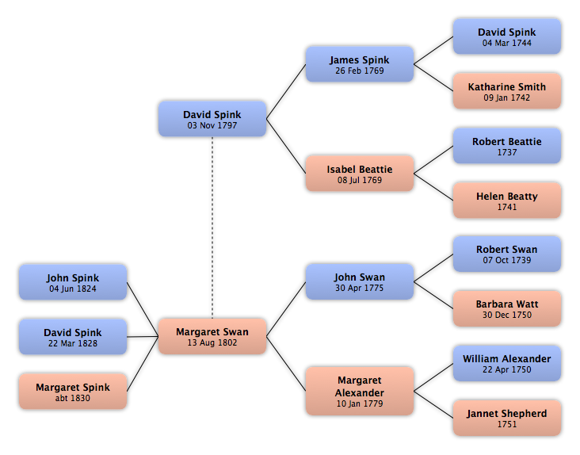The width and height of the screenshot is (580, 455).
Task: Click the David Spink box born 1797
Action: (x=212, y=119)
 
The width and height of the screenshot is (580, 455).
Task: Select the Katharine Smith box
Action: (x=507, y=91)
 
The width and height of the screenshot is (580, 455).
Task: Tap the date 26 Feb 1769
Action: (x=360, y=71)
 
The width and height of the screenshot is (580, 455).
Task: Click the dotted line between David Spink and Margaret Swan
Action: (x=212, y=227)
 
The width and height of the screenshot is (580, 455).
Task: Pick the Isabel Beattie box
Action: (x=360, y=174)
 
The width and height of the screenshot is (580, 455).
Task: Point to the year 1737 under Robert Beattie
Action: (x=507, y=152)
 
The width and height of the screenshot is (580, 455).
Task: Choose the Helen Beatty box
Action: (x=507, y=200)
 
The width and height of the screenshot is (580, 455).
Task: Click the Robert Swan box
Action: (x=507, y=254)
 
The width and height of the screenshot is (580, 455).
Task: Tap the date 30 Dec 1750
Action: (x=507, y=315)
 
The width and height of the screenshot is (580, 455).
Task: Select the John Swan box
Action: (x=360, y=281)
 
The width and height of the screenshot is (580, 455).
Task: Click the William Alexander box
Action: (x=507, y=363)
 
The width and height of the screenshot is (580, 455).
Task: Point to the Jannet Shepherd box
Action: (x=507, y=418)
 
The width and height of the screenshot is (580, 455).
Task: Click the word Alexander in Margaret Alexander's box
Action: (x=360, y=392)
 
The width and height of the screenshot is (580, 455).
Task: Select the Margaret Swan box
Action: (x=212, y=336)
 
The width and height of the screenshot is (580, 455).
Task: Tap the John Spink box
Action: (x=73, y=282)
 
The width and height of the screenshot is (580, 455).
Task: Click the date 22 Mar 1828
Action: (x=73, y=343)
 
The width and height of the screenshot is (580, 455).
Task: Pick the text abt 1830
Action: (x=73, y=398)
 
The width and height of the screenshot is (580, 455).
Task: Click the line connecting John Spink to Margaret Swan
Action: (x=143, y=309)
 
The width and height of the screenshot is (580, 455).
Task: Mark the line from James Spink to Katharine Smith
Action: (x=433, y=78)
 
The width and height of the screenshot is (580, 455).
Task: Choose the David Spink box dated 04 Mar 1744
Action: (x=507, y=36)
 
